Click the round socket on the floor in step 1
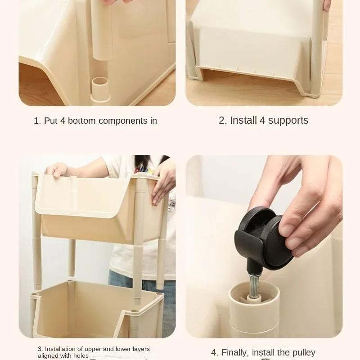pos(99,85)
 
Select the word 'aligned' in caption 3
pos(47,355)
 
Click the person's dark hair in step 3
pos(144,162)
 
